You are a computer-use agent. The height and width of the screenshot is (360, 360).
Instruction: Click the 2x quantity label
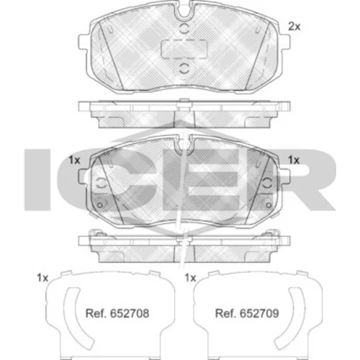click(x=294, y=27)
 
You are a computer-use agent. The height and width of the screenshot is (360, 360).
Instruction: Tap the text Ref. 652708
click(x=117, y=313)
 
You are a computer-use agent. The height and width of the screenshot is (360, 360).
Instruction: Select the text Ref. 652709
click(x=247, y=313)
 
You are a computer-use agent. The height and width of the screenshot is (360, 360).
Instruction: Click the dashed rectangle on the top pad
click(x=184, y=49)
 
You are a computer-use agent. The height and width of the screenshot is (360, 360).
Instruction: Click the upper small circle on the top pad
click(x=184, y=29)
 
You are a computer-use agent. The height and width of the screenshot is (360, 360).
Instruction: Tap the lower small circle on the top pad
click(x=184, y=68)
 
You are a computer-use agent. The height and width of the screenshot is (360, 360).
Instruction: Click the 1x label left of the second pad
click(x=74, y=160)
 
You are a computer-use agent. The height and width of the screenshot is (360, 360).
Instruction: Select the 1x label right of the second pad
click(x=294, y=160)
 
